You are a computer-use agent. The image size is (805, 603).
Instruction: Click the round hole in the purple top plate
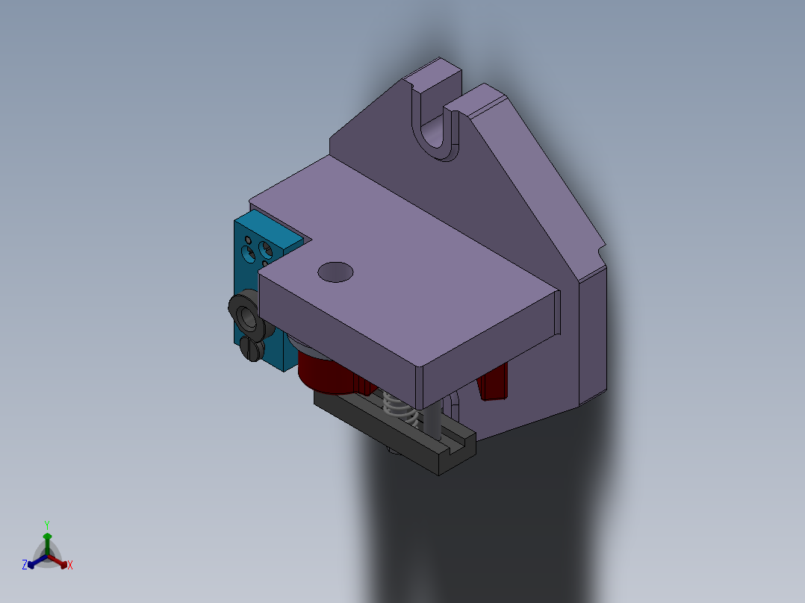point(335,272)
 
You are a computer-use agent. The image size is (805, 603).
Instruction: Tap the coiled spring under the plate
point(397,409)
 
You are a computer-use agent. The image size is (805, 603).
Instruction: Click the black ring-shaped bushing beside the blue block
point(246,313)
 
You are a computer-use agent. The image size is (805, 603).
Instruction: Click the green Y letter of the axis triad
point(46,525)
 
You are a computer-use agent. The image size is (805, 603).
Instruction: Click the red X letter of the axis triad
point(70,566)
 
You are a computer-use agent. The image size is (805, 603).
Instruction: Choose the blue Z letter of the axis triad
point(25,566)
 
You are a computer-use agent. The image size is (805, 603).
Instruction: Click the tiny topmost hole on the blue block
point(247,240)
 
